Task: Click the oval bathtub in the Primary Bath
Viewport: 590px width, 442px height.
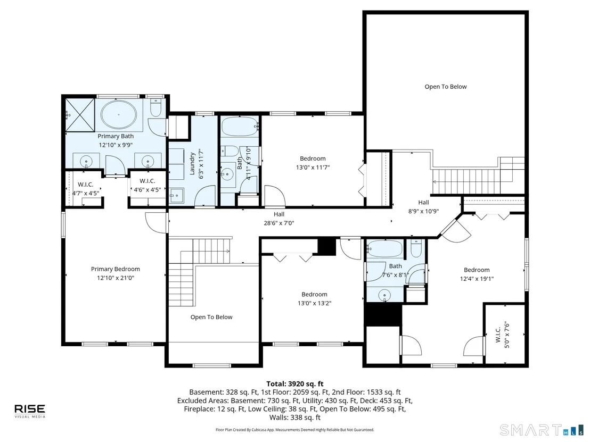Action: tap(119, 114)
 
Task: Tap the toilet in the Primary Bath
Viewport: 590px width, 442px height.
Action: tap(156, 107)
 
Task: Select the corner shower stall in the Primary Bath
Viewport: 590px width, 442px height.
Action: tap(80, 115)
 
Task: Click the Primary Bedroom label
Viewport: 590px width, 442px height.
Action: tap(115, 269)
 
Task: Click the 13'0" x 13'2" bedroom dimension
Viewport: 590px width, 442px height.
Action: tap(314, 303)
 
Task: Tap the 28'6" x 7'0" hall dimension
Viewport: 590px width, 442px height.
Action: tap(279, 223)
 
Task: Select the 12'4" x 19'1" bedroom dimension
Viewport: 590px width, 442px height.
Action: tap(477, 279)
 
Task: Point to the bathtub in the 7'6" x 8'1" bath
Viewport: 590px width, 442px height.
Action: tap(385, 249)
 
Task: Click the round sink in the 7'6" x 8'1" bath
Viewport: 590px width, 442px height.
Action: tap(384, 295)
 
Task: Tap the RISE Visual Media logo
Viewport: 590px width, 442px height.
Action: tap(30, 411)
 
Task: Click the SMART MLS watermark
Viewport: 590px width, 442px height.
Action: tap(540, 430)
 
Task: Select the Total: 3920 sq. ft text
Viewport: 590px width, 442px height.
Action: tap(294, 383)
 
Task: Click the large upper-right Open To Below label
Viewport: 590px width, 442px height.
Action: tap(446, 87)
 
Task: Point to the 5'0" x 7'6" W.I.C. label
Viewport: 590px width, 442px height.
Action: tap(502, 335)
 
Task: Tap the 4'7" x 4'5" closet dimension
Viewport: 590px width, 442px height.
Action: tap(86, 193)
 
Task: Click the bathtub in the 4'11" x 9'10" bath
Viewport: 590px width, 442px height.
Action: tap(240, 127)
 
